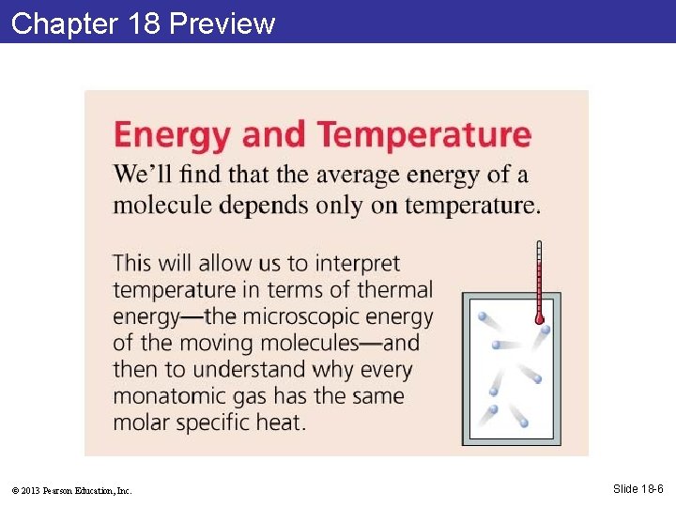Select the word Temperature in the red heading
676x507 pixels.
tap(424, 135)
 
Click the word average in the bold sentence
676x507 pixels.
tap(358, 175)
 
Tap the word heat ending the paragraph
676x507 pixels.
tap(279, 422)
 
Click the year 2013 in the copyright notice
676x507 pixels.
tap(30, 490)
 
